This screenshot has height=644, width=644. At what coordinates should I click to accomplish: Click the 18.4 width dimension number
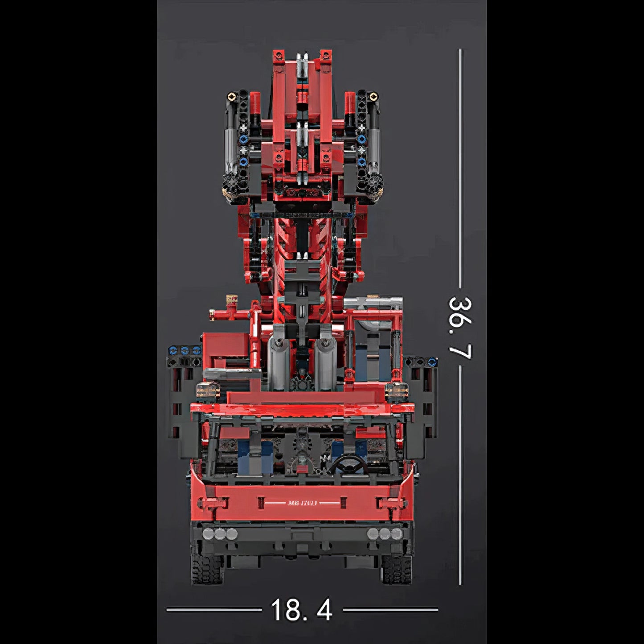pos(302,610)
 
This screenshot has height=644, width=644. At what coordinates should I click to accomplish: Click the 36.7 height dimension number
pos(459,328)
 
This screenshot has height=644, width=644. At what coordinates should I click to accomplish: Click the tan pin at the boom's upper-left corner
pos(231,95)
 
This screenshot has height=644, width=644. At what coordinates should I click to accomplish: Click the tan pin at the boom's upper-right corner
pos(374,95)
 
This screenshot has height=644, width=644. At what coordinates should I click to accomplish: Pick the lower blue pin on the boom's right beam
pos(361,161)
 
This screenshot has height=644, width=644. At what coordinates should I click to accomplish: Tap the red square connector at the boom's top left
pos(279,55)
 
